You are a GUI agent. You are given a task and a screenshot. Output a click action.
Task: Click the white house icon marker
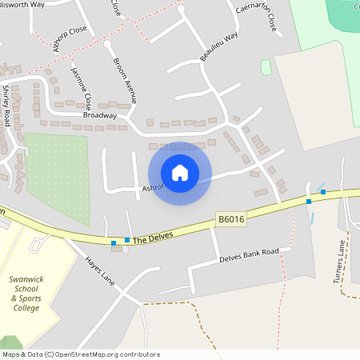click(x=180, y=173)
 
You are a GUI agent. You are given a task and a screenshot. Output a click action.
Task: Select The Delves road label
click(x=153, y=238)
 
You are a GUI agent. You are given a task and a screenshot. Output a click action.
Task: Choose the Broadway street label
click(x=100, y=115)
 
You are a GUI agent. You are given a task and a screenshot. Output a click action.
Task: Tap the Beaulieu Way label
click(x=219, y=48)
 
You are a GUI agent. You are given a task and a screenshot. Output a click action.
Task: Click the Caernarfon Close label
click(x=255, y=18)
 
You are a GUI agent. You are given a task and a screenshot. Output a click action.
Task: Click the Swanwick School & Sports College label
click(x=30, y=294)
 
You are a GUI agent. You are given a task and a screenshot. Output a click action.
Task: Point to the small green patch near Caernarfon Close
click(x=266, y=67)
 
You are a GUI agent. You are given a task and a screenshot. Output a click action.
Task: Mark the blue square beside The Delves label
click(x=127, y=240)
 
